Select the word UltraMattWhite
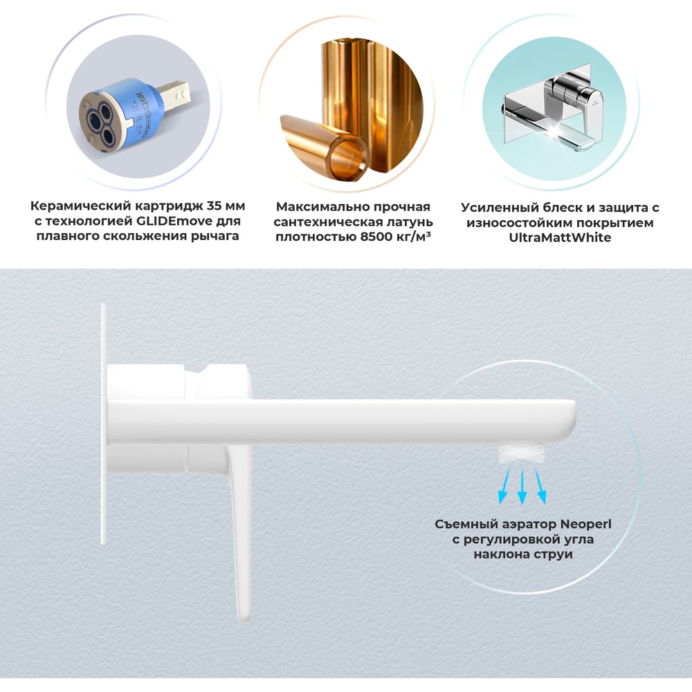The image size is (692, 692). tap(560, 237)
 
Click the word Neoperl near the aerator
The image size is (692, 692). tap(585, 524)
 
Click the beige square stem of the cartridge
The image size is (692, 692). tap(174, 95)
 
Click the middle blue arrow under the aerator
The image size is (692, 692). tap(522, 486)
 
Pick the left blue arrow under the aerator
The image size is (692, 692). tap(504, 486)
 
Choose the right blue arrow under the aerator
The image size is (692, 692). tap(540, 486)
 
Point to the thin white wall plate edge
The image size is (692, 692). tap(104, 424)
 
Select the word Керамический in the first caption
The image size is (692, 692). tap(81, 206)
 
